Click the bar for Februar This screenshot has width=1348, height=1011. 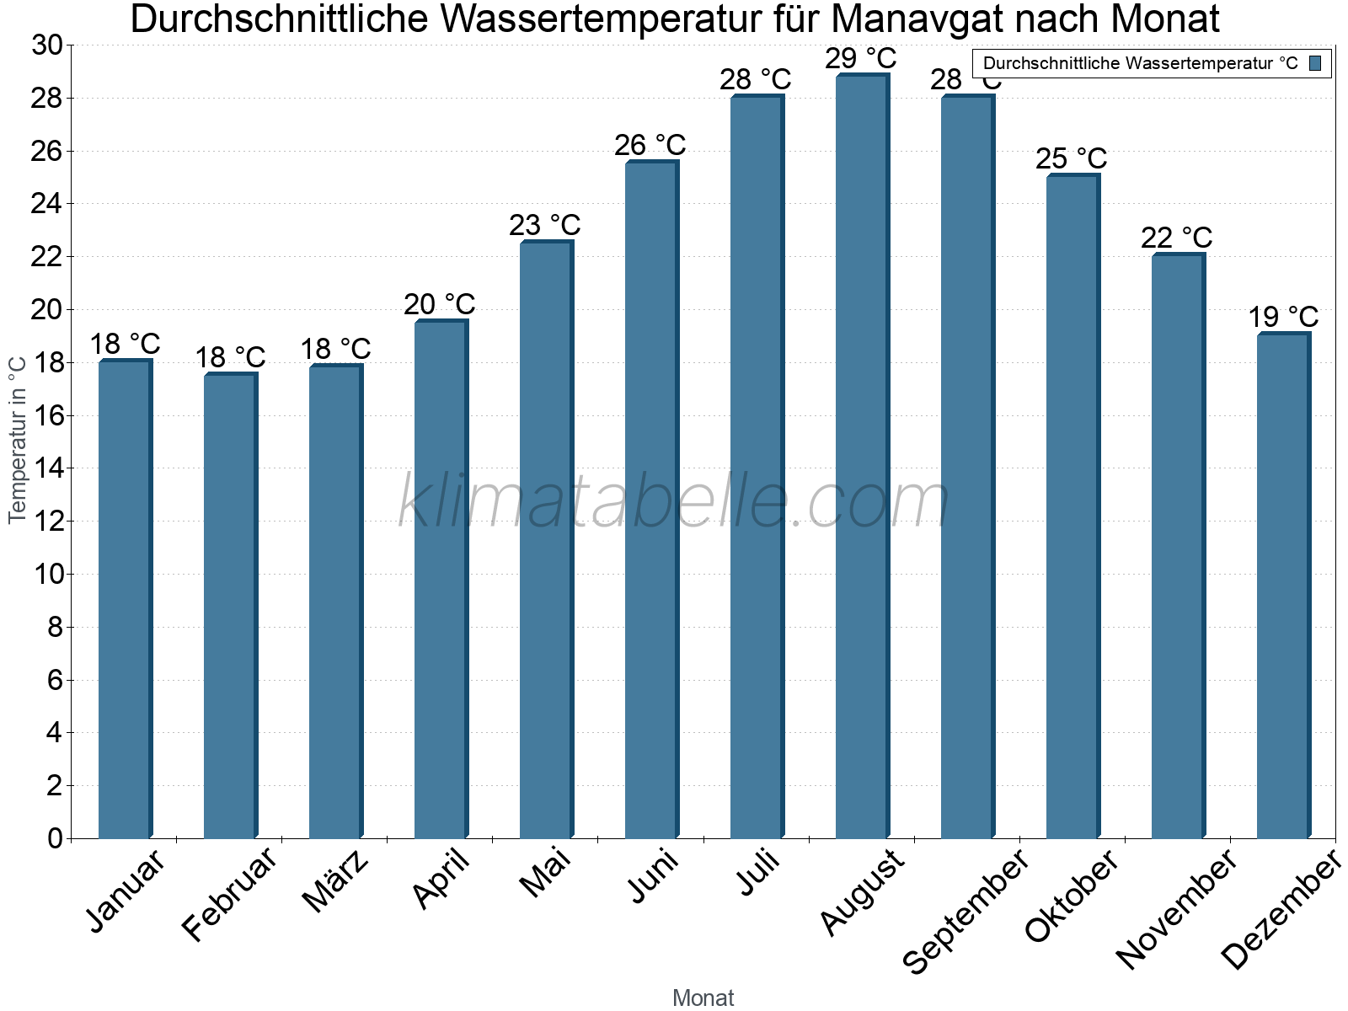(230, 606)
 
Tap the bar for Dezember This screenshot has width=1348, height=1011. (1283, 586)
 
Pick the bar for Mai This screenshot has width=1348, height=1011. (546, 539)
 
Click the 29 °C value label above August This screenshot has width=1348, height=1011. (860, 59)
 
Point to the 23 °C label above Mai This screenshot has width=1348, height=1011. (544, 226)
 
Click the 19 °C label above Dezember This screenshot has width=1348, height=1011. (1282, 318)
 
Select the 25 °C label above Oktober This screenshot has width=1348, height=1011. (1071, 158)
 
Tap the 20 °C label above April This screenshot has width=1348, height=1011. (439, 304)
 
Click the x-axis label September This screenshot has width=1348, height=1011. (966, 910)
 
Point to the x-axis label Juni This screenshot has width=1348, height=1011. (653, 876)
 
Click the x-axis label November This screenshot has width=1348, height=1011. (1177, 908)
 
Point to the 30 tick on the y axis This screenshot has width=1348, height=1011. (47, 45)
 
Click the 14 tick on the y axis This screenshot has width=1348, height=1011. (47, 468)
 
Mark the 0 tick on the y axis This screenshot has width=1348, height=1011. (55, 838)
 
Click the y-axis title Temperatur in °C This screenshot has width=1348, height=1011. (18, 439)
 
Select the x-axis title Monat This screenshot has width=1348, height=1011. (703, 998)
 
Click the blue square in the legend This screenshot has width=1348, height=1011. (1315, 63)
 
